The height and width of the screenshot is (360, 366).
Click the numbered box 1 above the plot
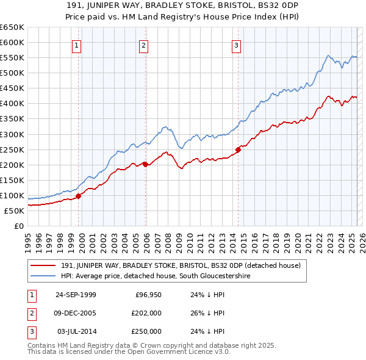click(x=76, y=45)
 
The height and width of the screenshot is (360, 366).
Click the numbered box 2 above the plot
click(x=143, y=45)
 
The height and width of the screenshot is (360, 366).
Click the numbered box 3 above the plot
click(x=236, y=45)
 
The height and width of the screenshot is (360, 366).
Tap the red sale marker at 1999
click(x=79, y=196)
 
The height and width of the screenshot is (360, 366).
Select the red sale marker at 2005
click(x=146, y=164)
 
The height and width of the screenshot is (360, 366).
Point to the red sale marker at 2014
click(x=239, y=149)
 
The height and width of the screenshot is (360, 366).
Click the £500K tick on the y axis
click(x=12, y=73)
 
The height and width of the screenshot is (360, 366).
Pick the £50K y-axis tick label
click(x=15, y=211)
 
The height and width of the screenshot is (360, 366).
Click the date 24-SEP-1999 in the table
click(x=76, y=295)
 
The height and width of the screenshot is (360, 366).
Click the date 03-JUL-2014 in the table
click(x=76, y=331)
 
